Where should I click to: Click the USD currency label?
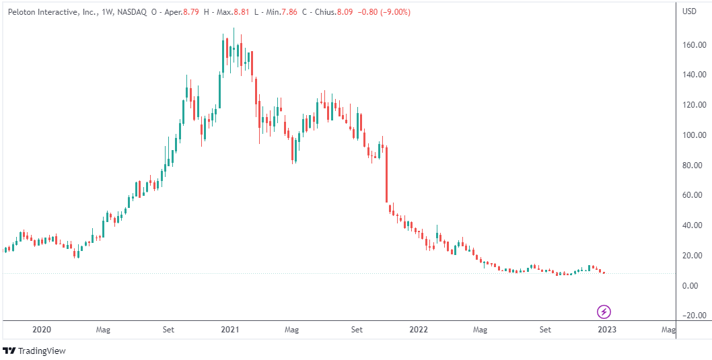coord(690,11)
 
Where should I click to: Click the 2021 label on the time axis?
coord(230,330)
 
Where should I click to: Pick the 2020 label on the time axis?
coord(42,330)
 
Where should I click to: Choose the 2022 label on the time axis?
coord(419,330)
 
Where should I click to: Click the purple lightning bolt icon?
coord(604,312)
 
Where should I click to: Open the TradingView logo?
coord(34,351)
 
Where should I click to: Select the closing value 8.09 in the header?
coord(343,12)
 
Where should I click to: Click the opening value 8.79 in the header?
coord(195,12)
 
